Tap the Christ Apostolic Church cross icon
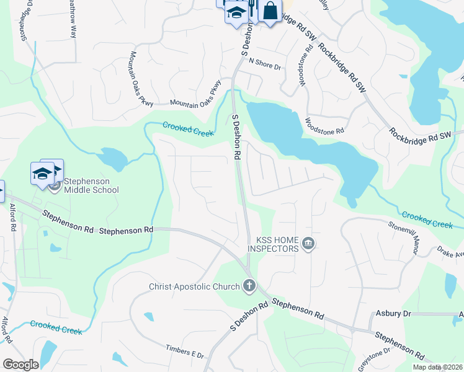click(x=249, y=286)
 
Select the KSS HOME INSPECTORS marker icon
click(x=308, y=246)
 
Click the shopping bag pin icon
click(x=270, y=11)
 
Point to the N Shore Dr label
click(x=265, y=62)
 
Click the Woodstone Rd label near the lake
click(x=323, y=126)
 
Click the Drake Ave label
click(x=450, y=253)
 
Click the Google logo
click(x=20, y=365)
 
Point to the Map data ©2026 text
click(x=437, y=367)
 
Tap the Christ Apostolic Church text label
click(x=194, y=286)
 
